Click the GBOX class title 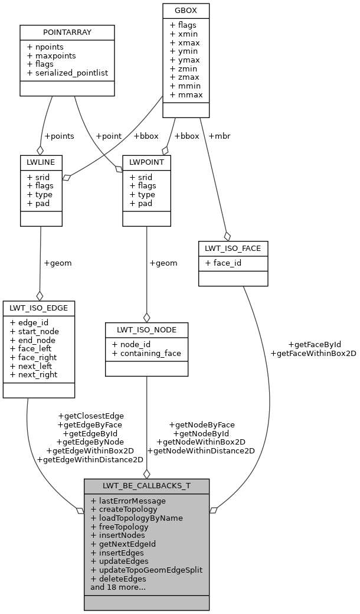pyautogui.click(x=186, y=10)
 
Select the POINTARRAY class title pyautogui.click(x=67, y=31)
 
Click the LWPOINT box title pyautogui.click(x=146, y=162)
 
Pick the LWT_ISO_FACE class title pyautogui.click(x=233, y=248)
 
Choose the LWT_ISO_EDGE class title pyautogui.click(x=39, y=308)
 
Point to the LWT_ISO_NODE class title pyautogui.click(x=146, y=329)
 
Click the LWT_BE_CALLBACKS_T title pyautogui.click(x=146, y=486)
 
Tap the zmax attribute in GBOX pyautogui.click(x=185, y=77)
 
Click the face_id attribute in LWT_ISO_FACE pyautogui.click(x=224, y=263)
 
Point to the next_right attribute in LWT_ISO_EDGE pyautogui.click(x=34, y=374)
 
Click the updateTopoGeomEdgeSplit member pyautogui.click(x=146, y=570)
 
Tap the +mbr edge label pyautogui.click(x=219, y=136)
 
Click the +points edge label pyautogui.click(x=59, y=136)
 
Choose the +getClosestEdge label pyautogui.click(x=91, y=416)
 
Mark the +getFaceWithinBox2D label pyautogui.click(x=313, y=353)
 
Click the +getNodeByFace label pyautogui.click(x=201, y=424)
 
